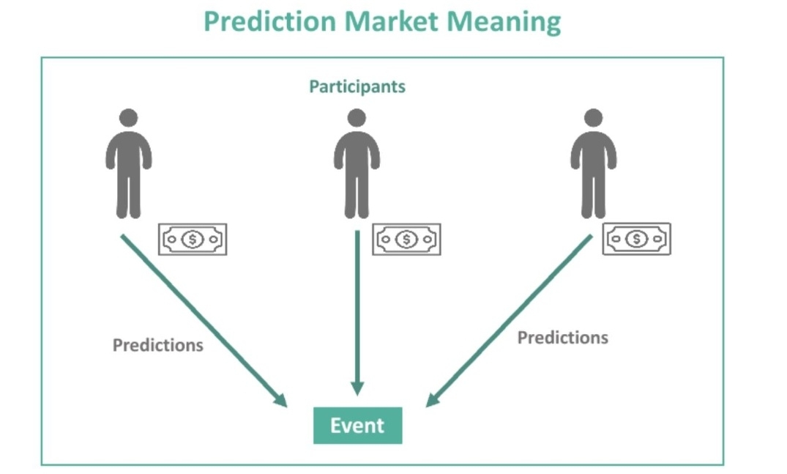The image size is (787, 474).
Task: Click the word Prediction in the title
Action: tap(269, 22)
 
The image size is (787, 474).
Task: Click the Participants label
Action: tap(357, 86)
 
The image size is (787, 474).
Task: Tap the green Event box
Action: tap(357, 425)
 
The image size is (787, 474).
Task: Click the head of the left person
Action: tap(129, 118)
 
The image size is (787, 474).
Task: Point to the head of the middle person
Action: tap(357, 118)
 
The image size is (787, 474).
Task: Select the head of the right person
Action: tap(593, 118)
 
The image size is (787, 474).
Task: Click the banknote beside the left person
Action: tap(193, 240)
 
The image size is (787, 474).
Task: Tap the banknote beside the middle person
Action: tap(406, 240)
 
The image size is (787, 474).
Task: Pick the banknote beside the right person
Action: tap(636, 239)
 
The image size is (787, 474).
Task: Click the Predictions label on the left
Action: tap(157, 344)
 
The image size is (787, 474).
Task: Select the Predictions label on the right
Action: tap(562, 337)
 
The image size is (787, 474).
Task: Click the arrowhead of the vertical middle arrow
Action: tap(357, 388)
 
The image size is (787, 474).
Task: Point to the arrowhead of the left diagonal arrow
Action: tap(280, 399)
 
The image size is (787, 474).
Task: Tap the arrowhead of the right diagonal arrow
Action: tap(433, 399)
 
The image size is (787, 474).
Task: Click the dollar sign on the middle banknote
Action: tap(406, 240)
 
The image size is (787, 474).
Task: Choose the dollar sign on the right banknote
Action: tap(636, 239)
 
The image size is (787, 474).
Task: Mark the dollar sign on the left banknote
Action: tap(193, 240)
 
